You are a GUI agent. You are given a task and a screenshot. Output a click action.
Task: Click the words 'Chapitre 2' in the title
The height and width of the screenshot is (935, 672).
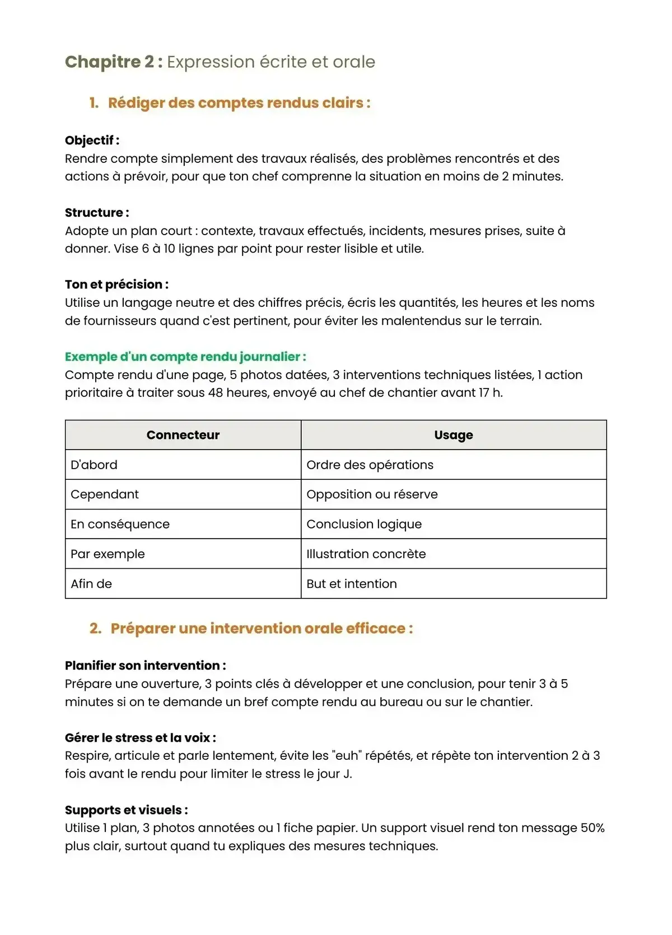[109, 62]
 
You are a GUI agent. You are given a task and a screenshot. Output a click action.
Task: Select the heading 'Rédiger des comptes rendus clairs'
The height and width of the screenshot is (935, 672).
[239, 103]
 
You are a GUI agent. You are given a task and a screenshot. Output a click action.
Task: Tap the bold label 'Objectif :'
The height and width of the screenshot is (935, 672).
[92, 141]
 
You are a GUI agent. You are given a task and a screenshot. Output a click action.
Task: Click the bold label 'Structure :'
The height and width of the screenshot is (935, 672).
[97, 213]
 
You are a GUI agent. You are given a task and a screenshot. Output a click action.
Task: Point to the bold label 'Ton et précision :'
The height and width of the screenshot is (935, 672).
[116, 284]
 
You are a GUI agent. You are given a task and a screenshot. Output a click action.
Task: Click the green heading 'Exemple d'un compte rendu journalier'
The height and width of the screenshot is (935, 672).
[185, 357]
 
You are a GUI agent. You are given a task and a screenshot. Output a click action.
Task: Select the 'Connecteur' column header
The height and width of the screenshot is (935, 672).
[183, 435]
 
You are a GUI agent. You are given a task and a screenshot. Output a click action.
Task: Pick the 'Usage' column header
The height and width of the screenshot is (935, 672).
[453, 435]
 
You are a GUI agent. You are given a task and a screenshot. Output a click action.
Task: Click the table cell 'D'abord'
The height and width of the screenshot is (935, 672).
[94, 465]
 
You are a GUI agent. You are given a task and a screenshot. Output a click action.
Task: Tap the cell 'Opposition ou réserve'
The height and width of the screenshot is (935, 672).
[372, 494]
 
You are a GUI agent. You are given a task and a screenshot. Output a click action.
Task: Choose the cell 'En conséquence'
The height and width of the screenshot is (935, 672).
[120, 524]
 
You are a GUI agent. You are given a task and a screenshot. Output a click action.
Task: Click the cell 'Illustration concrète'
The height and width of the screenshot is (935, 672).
[366, 554]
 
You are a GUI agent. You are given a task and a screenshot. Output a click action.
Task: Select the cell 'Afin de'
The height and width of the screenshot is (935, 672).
[91, 583]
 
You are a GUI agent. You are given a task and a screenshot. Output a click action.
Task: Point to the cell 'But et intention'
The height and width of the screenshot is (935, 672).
[351, 583]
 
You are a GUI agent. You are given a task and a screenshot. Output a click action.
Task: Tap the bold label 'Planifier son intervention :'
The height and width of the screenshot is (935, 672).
[145, 666]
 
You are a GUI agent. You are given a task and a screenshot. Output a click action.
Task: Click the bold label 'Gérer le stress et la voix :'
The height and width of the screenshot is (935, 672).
[140, 738]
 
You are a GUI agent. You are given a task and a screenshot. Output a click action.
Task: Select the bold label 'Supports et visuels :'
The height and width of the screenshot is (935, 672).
[126, 810]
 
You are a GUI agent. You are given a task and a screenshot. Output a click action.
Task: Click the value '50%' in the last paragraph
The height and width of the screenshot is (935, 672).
[592, 828]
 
